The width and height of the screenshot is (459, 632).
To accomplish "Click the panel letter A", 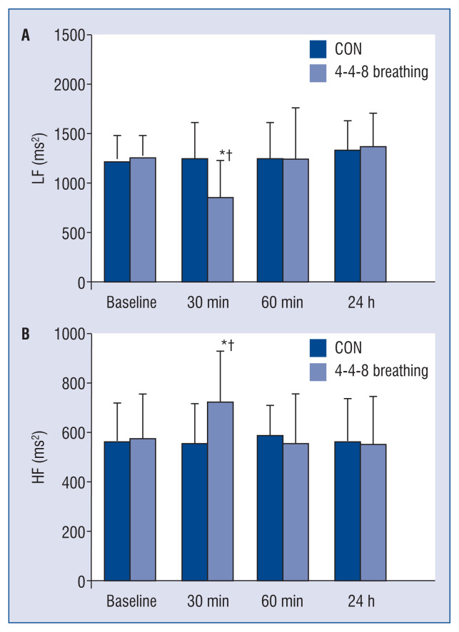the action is pyautogui.click(x=26, y=36).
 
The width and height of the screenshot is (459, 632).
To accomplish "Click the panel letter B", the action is pyautogui.click(x=26, y=334).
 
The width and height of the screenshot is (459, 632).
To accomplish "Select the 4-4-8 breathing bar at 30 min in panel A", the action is pyautogui.click(x=221, y=240).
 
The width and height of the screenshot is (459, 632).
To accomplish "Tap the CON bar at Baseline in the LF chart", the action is pyautogui.click(x=117, y=222).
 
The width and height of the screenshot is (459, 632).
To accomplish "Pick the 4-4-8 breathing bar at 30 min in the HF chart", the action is pyautogui.click(x=221, y=491).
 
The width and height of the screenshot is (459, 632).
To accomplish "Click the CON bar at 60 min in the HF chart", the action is pyautogui.click(x=270, y=508).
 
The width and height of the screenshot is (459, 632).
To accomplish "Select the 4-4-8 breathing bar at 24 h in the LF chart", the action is pyautogui.click(x=373, y=214).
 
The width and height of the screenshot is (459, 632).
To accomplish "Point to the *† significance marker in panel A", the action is pyautogui.click(x=226, y=155).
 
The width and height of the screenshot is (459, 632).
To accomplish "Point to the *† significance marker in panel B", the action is pyautogui.click(x=228, y=345).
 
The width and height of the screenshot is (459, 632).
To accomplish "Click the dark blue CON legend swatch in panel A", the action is pyautogui.click(x=318, y=49).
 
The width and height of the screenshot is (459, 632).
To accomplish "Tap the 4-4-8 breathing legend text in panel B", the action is pyautogui.click(x=381, y=371).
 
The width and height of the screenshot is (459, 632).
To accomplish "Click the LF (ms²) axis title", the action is pyautogui.click(x=39, y=158).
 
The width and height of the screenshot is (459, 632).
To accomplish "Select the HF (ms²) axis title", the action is pyautogui.click(x=39, y=457).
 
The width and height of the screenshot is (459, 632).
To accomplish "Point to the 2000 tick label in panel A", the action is pyautogui.click(x=70, y=85).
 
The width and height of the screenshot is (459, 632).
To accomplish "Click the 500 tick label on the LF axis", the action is pyautogui.click(x=74, y=233).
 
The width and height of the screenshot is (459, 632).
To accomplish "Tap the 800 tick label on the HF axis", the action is pyautogui.click(x=74, y=384).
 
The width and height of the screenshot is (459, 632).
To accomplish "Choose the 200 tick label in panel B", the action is pyautogui.click(x=74, y=532).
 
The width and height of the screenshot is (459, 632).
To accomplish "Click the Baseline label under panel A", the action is pyautogui.click(x=131, y=302).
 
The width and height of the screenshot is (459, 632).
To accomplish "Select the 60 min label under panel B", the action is pyautogui.click(x=282, y=601).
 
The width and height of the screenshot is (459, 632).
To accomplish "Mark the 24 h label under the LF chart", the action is pyautogui.click(x=361, y=302).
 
